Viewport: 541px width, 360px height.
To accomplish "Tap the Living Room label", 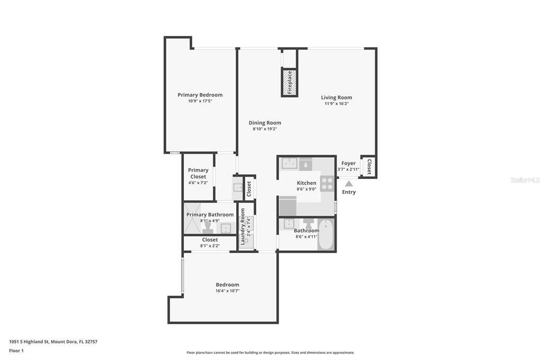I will tap(337, 98).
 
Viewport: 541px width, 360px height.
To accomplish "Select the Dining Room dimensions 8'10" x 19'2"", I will tap(265, 129).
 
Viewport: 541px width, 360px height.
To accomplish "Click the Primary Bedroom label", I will tap(200, 95).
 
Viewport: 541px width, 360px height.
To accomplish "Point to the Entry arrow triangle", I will tap(349, 183).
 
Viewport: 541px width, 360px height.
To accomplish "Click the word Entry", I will tap(349, 192).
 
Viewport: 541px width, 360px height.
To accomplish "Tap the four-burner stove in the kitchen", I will tap(327, 184).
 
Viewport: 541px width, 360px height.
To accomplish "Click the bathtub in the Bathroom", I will tap(327, 234).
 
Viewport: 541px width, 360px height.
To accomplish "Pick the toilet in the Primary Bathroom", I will tap(208, 227).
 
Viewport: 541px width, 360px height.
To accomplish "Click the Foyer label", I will tap(348, 163).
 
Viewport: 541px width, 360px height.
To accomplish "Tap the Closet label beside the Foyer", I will tap(369, 166).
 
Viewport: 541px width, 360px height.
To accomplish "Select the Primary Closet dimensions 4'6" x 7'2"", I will tap(198, 183).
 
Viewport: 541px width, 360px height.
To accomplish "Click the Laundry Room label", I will tap(243, 226).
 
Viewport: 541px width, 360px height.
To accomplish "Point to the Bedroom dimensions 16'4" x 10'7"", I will tap(227, 291).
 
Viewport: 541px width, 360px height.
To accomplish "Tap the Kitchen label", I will tap(306, 183).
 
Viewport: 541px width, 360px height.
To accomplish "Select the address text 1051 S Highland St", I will tap(29, 342).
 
